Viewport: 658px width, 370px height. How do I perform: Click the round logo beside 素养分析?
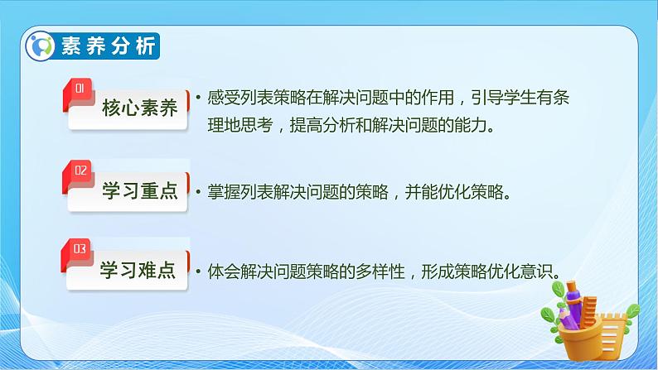40,46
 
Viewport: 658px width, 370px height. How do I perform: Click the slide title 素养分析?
108,46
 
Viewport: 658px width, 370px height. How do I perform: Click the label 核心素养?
139,108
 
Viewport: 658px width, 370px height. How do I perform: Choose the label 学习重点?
139,192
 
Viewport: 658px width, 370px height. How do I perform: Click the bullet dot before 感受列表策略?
198,99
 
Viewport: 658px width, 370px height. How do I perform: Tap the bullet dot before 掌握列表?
198,194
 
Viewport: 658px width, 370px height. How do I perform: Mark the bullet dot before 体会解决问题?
198,271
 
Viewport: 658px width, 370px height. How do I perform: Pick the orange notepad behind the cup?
614,327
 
